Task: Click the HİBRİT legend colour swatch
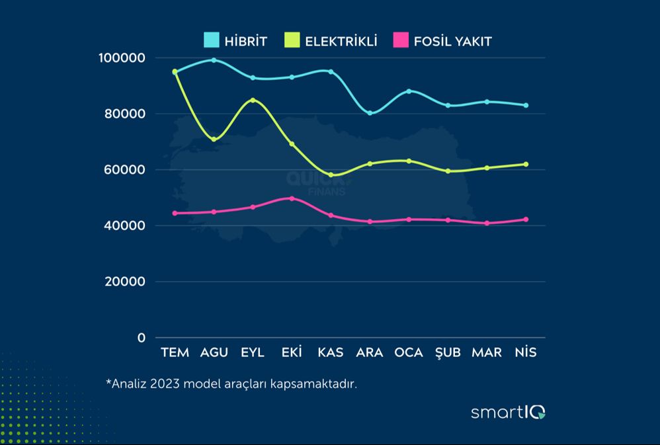[211, 41]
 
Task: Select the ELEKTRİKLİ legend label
[341, 41]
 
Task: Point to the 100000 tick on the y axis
[122, 58]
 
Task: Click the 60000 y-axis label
[124, 170]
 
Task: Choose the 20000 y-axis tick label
[124, 282]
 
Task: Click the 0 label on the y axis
[141, 338]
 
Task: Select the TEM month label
[175, 352]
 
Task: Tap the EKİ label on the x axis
[292, 352]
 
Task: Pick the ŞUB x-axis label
[448, 352]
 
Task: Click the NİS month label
[526, 352]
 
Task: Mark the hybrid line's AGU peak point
[214, 60]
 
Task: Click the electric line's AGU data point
[214, 140]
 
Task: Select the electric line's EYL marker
[253, 101]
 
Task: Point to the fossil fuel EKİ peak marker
[292, 198]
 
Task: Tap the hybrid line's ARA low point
[370, 113]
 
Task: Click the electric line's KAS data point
[331, 175]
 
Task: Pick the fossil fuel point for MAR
[487, 223]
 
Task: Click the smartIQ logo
[508, 413]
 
